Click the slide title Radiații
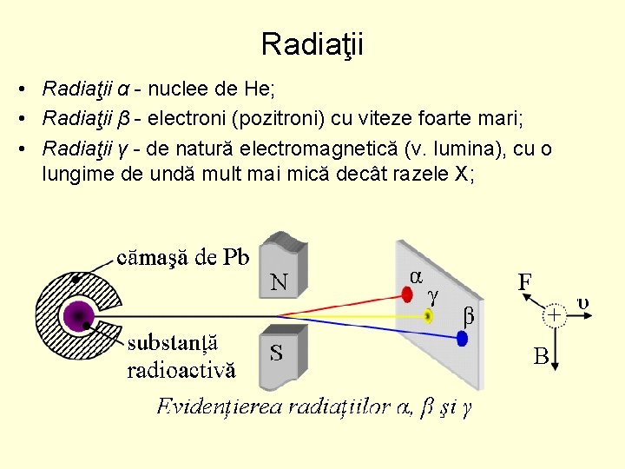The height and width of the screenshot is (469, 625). [x=312, y=43]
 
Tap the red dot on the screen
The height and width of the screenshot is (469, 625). [x=408, y=295]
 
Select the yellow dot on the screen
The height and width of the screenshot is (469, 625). [x=429, y=315]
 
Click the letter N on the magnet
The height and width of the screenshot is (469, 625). [x=280, y=281]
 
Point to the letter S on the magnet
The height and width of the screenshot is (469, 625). [x=276, y=353]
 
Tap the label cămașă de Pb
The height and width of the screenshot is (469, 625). [x=184, y=257]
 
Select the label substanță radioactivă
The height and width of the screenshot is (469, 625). [x=181, y=356]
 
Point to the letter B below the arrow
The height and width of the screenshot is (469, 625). [x=541, y=357]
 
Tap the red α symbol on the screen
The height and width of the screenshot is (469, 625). [x=416, y=274]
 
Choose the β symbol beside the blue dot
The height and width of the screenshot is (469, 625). [x=469, y=316]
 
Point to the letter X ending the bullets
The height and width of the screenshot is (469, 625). [x=462, y=173]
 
